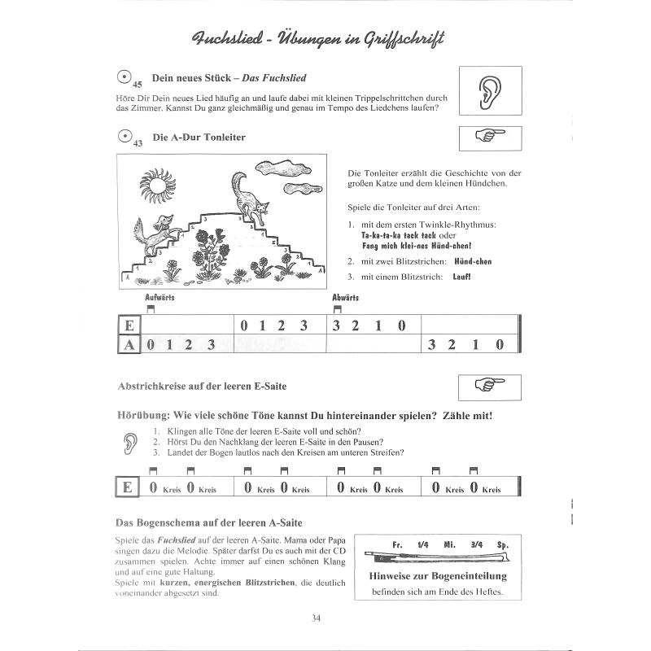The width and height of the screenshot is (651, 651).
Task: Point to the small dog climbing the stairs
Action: click(x=155, y=229)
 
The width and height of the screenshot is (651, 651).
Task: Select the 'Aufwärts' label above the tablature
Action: click(x=159, y=298)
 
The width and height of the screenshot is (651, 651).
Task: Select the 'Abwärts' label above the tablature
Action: click(x=346, y=298)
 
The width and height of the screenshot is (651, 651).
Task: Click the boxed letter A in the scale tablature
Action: click(x=129, y=344)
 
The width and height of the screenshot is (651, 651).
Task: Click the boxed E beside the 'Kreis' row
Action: click(x=127, y=488)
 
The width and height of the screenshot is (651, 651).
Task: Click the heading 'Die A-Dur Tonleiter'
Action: click(x=199, y=138)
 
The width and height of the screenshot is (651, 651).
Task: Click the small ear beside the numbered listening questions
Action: click(x=130, y=442)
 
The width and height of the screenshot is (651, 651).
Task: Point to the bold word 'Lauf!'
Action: click(x=462, y=277)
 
